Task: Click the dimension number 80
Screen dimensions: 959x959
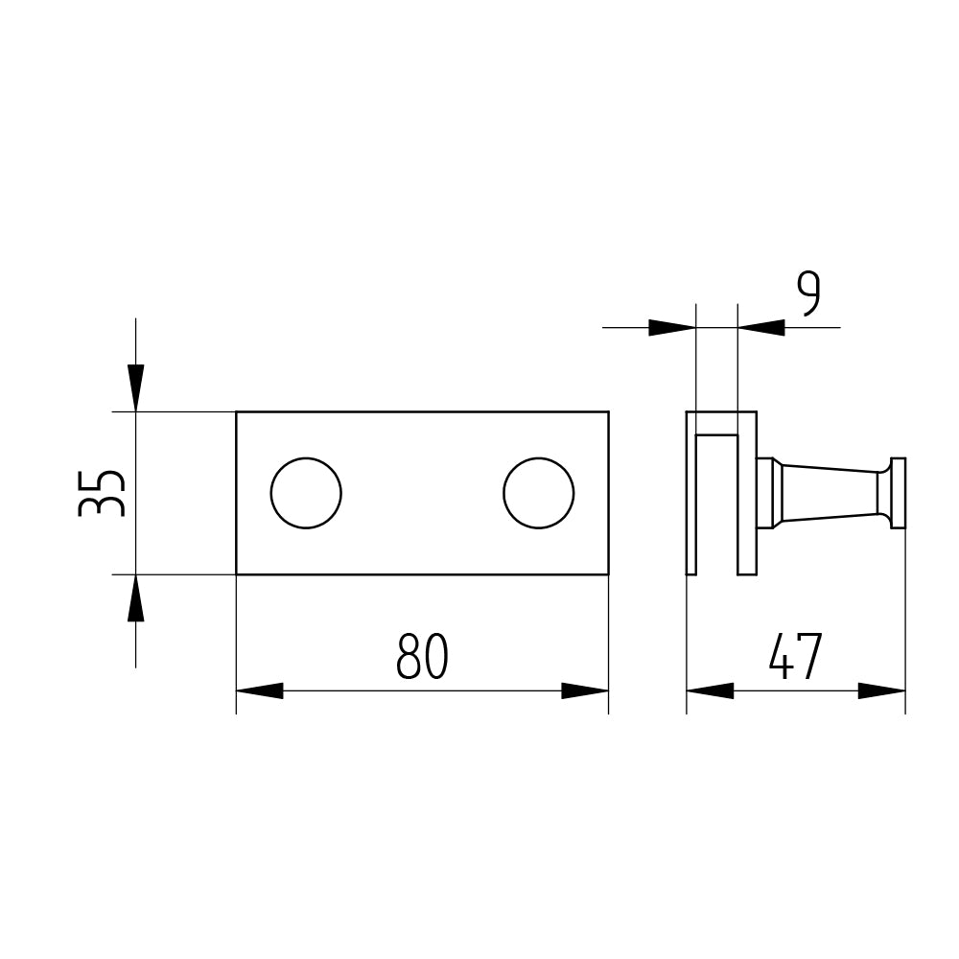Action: (422, 656)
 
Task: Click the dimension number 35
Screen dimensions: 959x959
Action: (102, 493)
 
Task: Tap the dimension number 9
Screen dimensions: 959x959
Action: (807, 294)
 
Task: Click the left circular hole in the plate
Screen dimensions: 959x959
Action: (306, 493)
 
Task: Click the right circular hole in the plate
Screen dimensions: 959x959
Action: (538, 493)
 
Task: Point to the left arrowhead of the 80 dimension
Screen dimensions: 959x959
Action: (259, 691)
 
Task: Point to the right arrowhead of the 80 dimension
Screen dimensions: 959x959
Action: (585, 691)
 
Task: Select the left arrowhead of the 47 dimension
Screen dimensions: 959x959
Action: (710, 691)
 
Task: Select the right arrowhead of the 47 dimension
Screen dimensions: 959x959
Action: (882, 691)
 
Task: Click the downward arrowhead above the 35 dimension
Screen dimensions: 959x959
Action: (136, 387)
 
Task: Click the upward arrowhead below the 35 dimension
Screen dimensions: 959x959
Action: (136, 598)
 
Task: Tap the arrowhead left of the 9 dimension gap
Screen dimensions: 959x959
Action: (672, 327)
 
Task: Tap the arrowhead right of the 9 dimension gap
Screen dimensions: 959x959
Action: (760, 327)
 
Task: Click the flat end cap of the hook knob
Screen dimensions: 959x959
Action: (898, 493)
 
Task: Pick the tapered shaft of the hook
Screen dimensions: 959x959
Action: (830, 493)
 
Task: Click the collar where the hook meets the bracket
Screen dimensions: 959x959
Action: (769, 493)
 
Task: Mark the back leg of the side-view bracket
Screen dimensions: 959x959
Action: (691, 493)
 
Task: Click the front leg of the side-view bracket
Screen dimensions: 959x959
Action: (747, 493)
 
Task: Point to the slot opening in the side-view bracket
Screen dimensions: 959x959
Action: (716, 505)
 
